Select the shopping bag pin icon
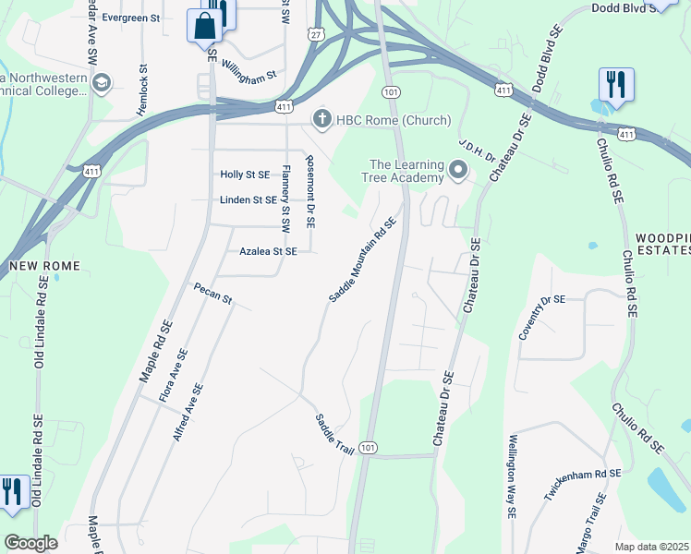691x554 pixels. click(204, 26)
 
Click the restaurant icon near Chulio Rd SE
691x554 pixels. click(615, 84)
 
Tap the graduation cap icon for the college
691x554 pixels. click(102, 84)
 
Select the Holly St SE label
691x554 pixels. click(245, 175)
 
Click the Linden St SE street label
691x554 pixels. click(249, 199)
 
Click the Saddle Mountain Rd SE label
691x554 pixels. click(362, 259)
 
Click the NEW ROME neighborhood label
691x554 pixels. click(44, 266)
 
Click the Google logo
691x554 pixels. click(30, 543)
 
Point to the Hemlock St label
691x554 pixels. click(142, 90)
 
